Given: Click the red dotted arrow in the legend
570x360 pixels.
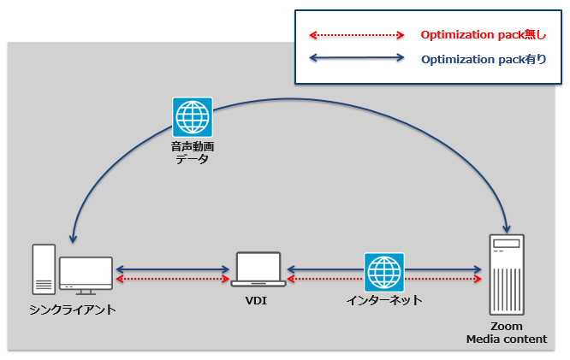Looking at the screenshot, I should point(356,35).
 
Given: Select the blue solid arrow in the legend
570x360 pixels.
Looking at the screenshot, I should point(356,59).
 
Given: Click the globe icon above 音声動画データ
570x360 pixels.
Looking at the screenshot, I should point(193,117).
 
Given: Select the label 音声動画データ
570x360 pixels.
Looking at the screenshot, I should point(193,152).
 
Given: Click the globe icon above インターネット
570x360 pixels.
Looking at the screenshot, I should point(383,273).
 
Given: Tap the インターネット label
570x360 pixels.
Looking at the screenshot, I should point(383,300).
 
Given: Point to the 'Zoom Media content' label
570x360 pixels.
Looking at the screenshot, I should point(506,333).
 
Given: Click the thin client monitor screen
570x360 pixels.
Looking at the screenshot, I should point(86,272).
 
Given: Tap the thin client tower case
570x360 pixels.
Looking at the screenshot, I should point(44,269).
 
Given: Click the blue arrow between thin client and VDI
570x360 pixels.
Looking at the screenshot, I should point(171,269).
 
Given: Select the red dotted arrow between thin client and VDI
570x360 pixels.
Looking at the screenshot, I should point(171,280).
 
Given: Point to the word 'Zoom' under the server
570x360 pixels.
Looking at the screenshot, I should point(506,328).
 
